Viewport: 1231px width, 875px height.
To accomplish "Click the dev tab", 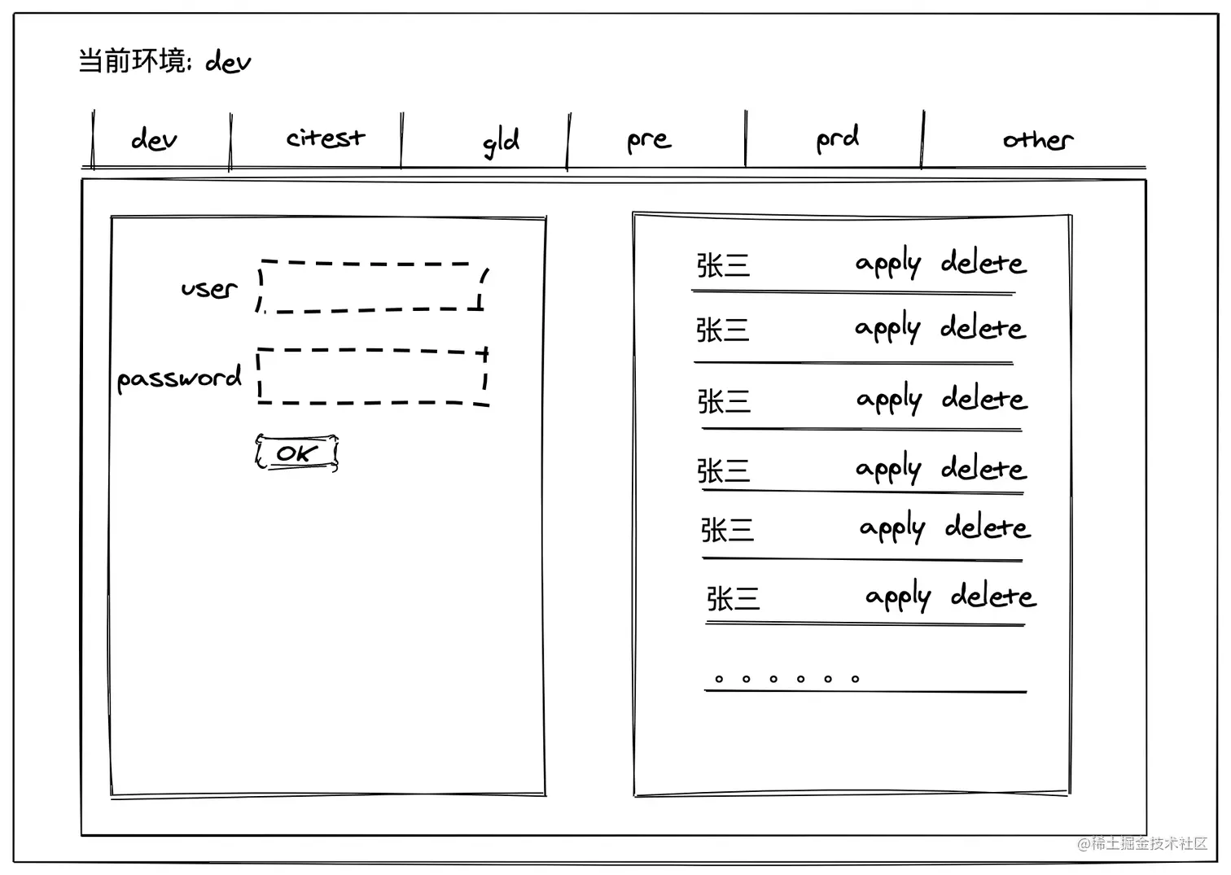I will point(154,140).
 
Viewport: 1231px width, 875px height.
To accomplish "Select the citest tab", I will point(325,138).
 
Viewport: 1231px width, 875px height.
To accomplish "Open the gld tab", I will point(500,142).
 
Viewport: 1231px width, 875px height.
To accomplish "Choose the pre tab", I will point(649,141).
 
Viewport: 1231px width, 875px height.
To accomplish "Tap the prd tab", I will point(837,139).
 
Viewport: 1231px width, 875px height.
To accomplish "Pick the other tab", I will point(1037,140).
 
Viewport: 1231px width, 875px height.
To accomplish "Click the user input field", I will point(372,287).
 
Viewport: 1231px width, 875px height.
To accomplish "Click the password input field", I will point(372,377).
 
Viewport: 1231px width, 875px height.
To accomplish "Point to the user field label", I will point(208,288).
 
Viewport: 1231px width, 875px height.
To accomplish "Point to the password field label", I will point(179,378).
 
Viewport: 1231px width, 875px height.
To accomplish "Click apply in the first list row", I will point(887,263).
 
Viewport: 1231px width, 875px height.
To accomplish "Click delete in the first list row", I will point(983,263).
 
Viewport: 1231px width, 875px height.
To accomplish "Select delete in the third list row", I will point(984,399).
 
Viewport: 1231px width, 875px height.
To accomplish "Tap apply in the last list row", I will point(897,597).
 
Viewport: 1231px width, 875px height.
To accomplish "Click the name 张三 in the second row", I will point(722,330).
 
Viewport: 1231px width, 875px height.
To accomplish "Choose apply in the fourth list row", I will point(887,469).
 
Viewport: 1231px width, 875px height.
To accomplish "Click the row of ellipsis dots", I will point(786,679).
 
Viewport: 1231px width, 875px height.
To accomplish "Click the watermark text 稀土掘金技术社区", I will point(1148,843).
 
